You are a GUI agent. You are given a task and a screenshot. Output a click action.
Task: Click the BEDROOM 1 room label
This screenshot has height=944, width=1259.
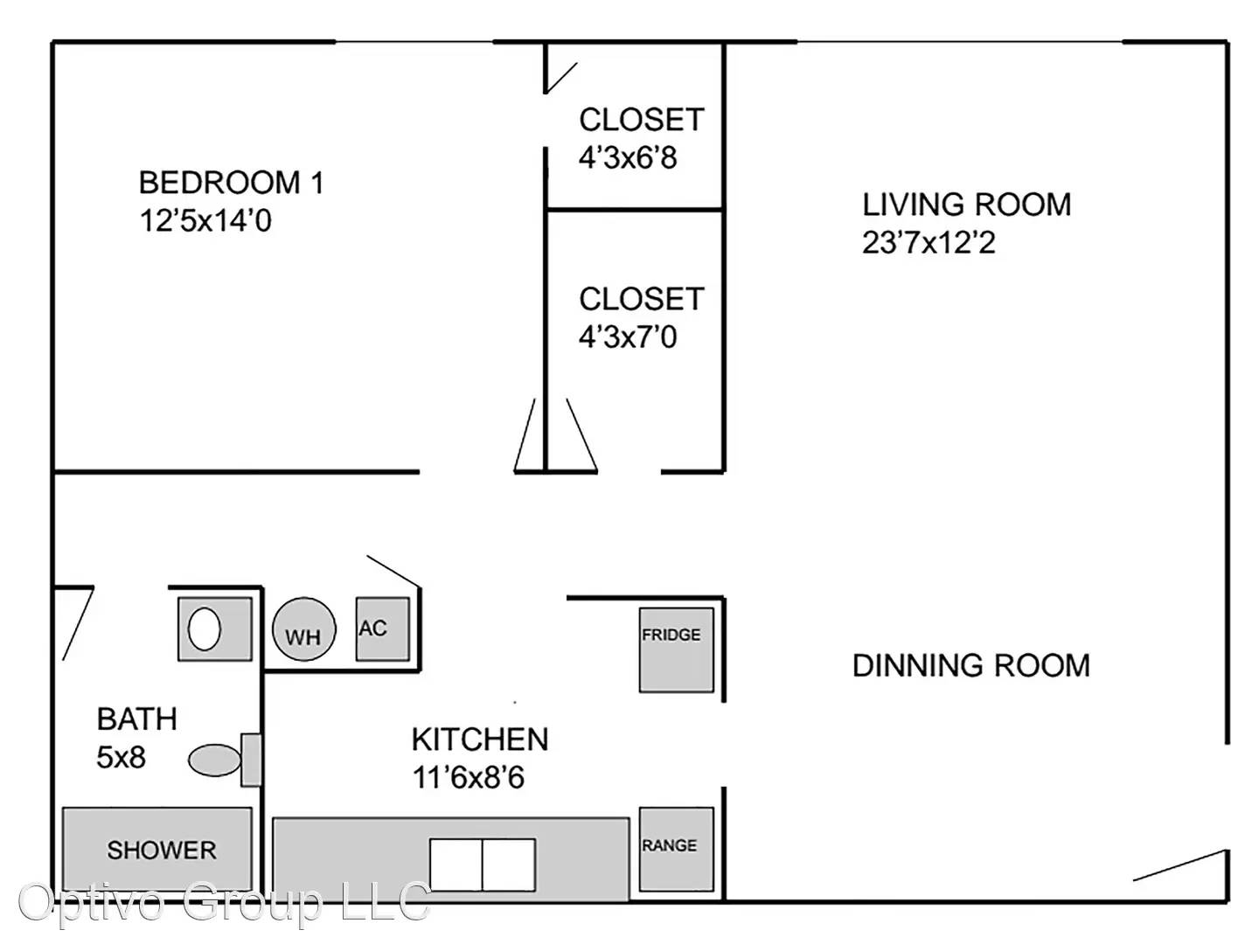[231, 183]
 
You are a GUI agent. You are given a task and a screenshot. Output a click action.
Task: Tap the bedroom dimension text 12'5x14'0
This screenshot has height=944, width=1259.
[205, 220]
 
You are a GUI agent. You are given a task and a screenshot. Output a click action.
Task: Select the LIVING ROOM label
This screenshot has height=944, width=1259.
[966, 205]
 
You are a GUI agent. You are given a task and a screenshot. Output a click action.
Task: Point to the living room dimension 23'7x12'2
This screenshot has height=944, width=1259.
[929, 242]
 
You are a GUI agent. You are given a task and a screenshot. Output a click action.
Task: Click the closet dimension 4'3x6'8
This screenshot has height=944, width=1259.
[628, 157]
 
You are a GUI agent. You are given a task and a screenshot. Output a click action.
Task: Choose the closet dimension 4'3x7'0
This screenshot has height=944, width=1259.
[628, 337]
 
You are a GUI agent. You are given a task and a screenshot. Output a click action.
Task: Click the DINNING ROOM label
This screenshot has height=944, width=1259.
[971, 665]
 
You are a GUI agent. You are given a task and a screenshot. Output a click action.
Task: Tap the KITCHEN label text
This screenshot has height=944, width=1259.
[480, 739]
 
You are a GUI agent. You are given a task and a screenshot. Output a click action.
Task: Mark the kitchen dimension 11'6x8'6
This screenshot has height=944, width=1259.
[468, 777]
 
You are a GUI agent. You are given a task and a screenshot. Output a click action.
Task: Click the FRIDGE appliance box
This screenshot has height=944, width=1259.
[677, 650]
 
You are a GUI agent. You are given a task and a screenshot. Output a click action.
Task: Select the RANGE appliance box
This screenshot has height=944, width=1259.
[677, 849]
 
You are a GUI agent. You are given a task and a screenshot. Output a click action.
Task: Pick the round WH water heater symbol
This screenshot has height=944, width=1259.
[304, 629]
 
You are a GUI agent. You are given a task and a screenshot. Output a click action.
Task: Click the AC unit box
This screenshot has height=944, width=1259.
[383, 629]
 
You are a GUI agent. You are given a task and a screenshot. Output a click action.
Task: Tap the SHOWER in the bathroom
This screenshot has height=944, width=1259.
[157, 849]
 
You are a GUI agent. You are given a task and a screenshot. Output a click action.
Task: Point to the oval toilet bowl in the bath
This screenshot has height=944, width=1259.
[214, 760]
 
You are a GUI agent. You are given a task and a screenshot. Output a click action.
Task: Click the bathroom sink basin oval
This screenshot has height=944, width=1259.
[205, 628]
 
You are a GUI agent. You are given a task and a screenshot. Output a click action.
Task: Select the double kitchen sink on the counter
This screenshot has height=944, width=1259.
[483, 865]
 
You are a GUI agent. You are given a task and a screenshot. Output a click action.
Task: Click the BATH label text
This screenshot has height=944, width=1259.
[136, 718]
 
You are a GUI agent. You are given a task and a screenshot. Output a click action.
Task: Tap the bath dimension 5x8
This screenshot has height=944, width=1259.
[121, 757]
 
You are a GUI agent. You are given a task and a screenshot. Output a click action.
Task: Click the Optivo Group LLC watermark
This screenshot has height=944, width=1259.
[225, 903]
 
